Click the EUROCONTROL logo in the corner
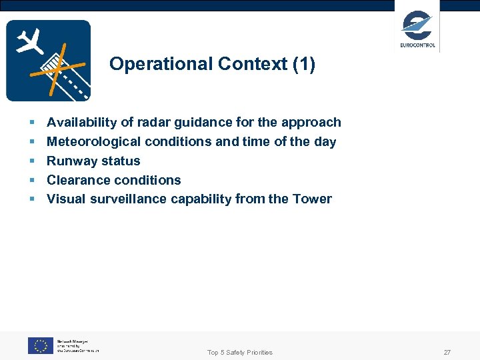[417, 29]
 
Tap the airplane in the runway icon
[29, 42]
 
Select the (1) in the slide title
[301, 65]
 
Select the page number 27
[447, 352]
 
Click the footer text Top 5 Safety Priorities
[240, 352]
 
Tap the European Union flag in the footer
[40, 345]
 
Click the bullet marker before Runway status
[32, 161]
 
